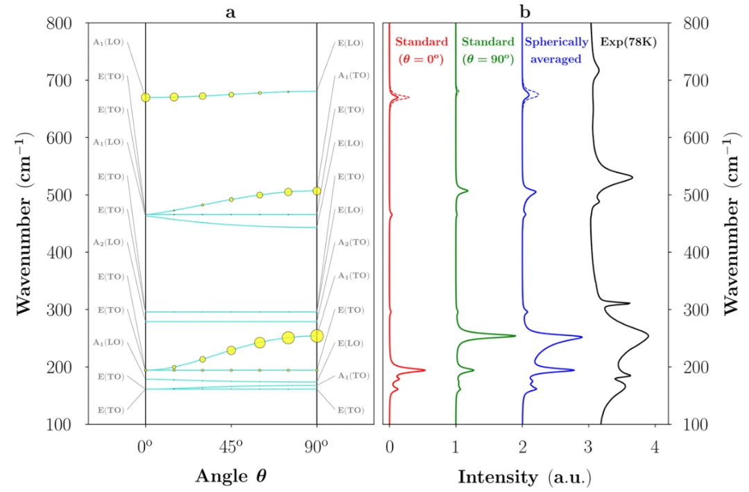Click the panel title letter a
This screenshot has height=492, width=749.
coord(230,11)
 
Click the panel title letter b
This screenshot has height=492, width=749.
coord(526,11)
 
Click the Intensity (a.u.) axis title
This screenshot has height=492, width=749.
coord(524,476)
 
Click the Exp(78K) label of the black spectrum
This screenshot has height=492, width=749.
coord(628,42)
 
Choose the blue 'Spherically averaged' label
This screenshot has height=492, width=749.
coord(555,51)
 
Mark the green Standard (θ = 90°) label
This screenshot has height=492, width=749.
coord(488,51)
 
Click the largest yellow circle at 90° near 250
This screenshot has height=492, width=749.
coord(317,335)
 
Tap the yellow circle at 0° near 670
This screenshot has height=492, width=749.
coord(146,98)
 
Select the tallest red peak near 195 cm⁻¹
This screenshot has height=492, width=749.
coord(424,370)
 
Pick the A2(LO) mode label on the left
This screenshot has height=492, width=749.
coord(108,243)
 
